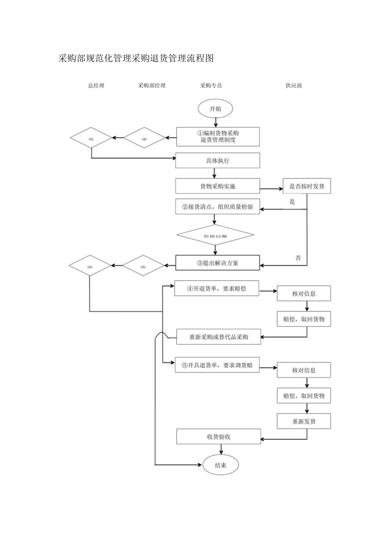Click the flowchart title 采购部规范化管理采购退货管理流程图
click(136, 59)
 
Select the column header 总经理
click(96, 86)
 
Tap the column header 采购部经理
click(152, 86)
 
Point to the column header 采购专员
click(211, 86)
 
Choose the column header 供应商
click(294, 86)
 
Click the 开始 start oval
click(215, 109)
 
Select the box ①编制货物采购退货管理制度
click(218, 136)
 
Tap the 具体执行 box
click(217, 161)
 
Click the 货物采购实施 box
click(217, 186)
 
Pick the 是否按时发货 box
click(307, 186)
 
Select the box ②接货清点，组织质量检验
click(217, 207)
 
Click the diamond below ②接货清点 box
click(215, 235)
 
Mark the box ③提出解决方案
click(217, 263)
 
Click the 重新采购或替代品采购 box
click(218, 337)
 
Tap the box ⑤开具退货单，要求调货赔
click(217, 365)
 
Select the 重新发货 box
click(304, 421)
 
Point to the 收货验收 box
click(218, 437)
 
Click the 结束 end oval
click(220, 465)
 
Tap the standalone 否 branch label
click(298, 258)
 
